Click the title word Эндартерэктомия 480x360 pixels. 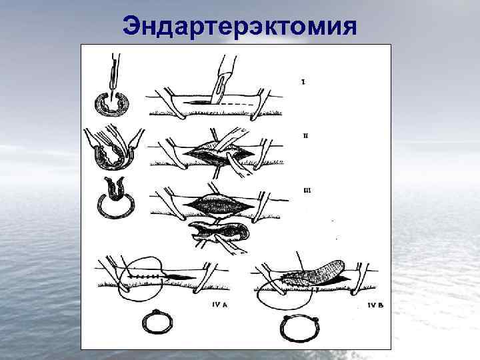point(240,26)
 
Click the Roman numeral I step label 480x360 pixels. point(303,82)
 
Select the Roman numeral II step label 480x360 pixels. point(305,135)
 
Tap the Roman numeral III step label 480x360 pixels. point(307,191)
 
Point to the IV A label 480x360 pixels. point(220,305)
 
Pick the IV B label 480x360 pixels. point(375,305)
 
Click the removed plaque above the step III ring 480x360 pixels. point(115,189)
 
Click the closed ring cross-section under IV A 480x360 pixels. point(157,321)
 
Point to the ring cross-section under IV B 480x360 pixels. point(300,329)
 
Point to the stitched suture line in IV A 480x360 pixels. point(145,277)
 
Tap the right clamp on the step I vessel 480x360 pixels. point(260,104)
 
